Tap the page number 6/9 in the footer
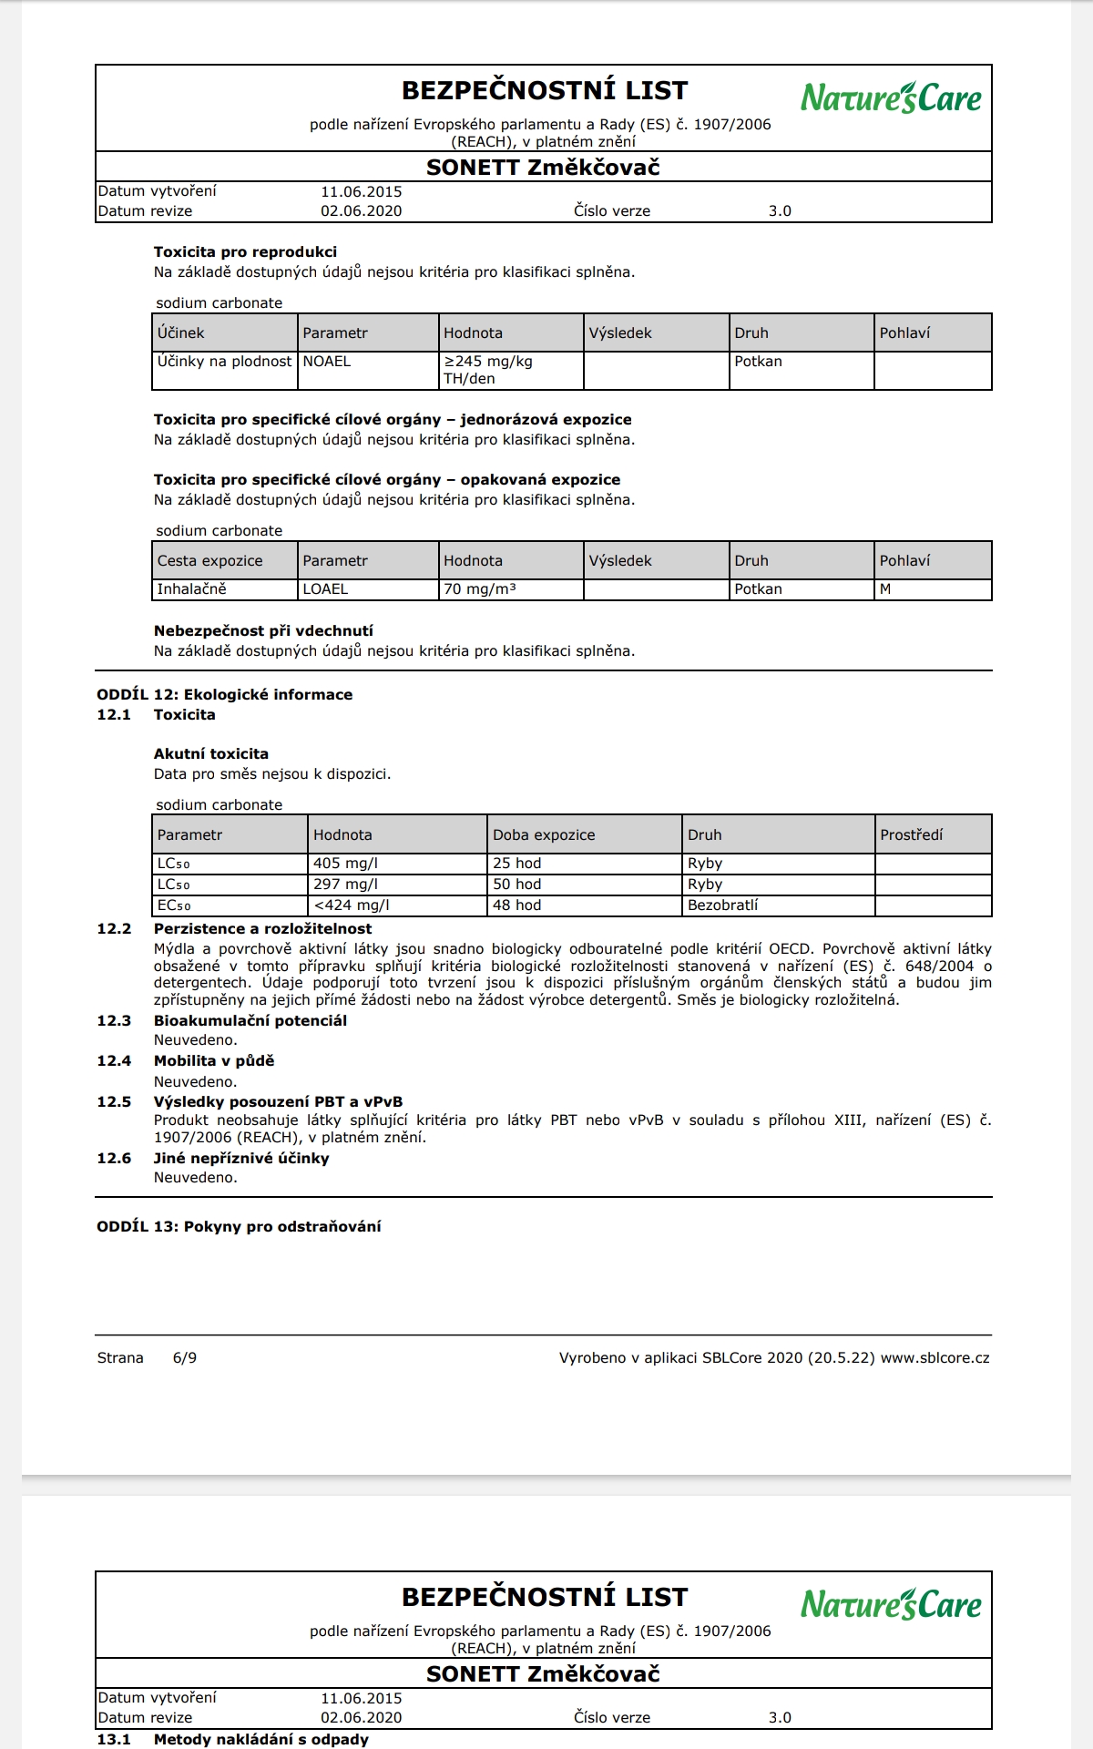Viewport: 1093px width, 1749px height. coord(185,1358)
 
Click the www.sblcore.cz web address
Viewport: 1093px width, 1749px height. coord(935,1358)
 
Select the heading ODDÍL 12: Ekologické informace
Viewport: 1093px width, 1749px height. coord(224,695)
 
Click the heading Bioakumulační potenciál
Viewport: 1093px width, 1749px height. coord(250,1021)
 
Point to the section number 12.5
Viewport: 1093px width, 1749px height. coord(114,1102)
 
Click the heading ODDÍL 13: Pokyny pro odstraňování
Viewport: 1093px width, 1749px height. coord(239,1227)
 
